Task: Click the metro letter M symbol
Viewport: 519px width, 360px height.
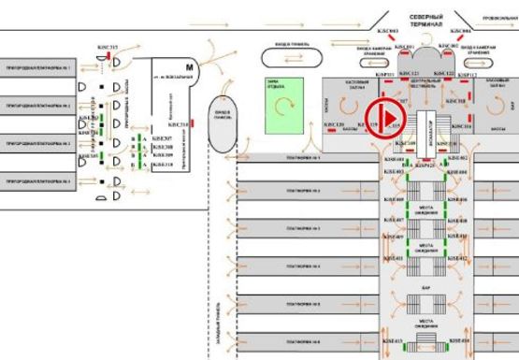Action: (x=187, y=68)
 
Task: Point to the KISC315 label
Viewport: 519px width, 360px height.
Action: (x=108, y=47)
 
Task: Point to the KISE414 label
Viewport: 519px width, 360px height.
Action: (x=457, y=341)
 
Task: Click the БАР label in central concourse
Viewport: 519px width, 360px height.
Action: (x=425, y=289)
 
